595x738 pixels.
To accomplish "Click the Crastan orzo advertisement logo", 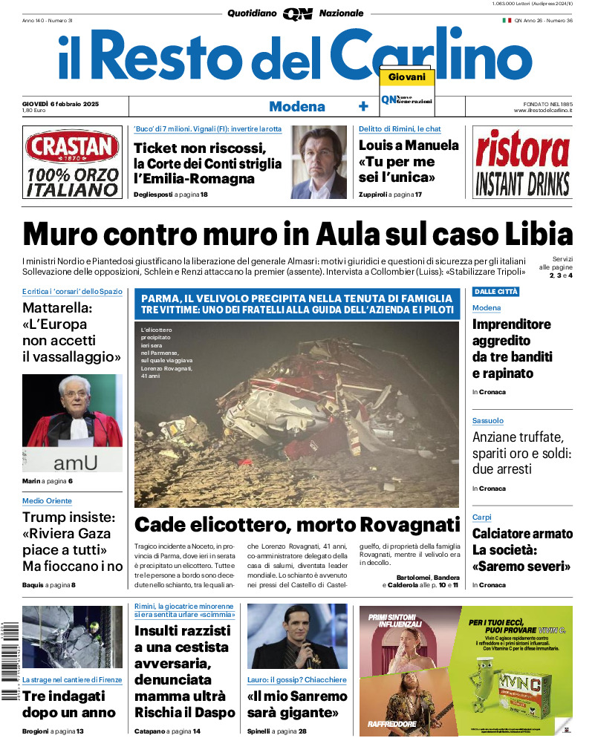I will (71, 163).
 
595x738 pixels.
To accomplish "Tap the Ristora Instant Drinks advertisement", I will (522, 163).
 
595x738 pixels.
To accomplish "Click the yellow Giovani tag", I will (406, 77).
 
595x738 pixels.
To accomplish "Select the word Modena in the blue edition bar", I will (297, 106).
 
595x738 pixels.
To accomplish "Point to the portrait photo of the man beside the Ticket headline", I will (318, 162).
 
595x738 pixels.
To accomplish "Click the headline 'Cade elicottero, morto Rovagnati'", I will (297, 525).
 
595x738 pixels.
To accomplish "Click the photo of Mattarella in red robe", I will (72, 422).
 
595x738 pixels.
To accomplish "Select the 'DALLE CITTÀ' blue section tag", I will (495, 291).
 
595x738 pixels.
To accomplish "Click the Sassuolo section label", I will (487, 421).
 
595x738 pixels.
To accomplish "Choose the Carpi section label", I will (481, 517).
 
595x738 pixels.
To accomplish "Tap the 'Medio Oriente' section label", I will (47, 501).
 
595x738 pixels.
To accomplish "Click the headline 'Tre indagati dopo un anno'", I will (68, 704).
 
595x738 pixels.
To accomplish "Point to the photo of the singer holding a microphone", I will (297, 636).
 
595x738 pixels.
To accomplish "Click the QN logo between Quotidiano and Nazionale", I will (298, 13).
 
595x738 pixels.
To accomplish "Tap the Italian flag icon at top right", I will (507, 21).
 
